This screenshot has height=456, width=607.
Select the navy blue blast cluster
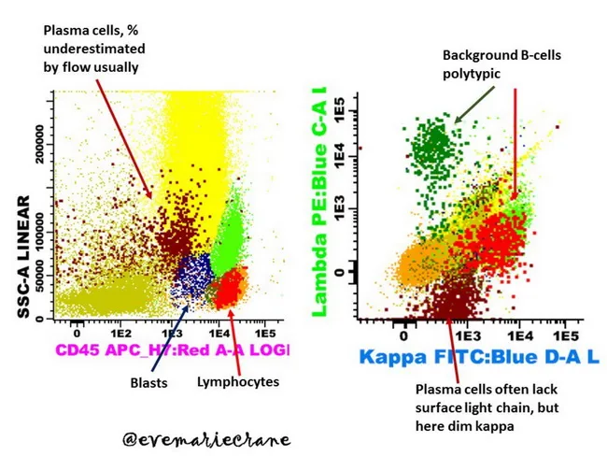[192, 277]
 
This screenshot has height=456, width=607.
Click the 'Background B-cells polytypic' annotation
[488, 64]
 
